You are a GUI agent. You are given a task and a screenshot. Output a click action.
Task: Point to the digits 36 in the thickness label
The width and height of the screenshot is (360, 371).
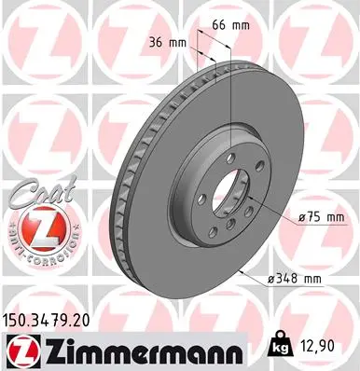[156, 42]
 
